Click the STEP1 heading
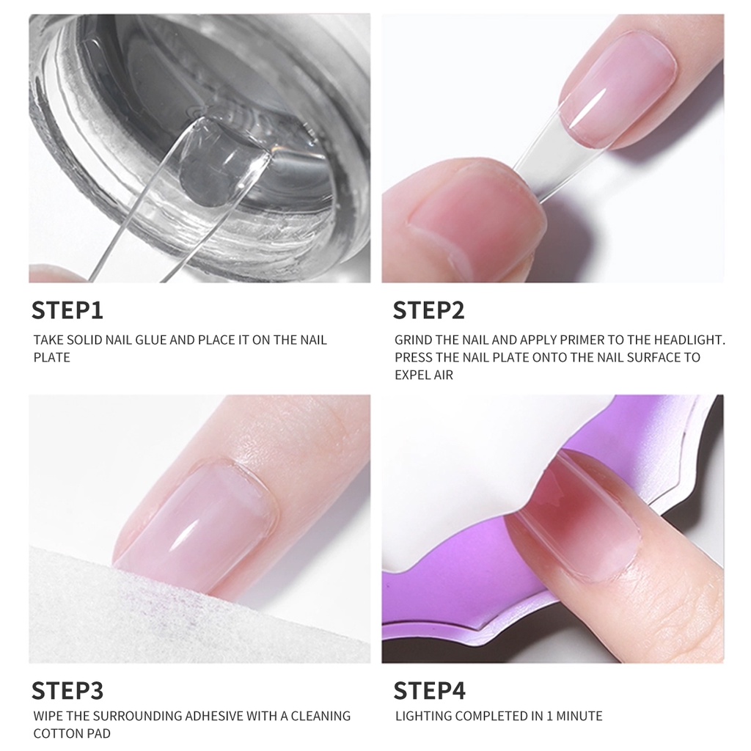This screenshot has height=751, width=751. tap(67, 309)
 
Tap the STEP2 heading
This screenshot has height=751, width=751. tap(428, 309)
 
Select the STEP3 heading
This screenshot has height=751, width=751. tap(67, 690)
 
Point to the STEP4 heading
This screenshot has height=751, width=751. tap(429, 690)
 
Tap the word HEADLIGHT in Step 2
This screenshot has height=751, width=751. tap(686, 340)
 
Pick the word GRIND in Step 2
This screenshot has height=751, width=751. tap(414, 340)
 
